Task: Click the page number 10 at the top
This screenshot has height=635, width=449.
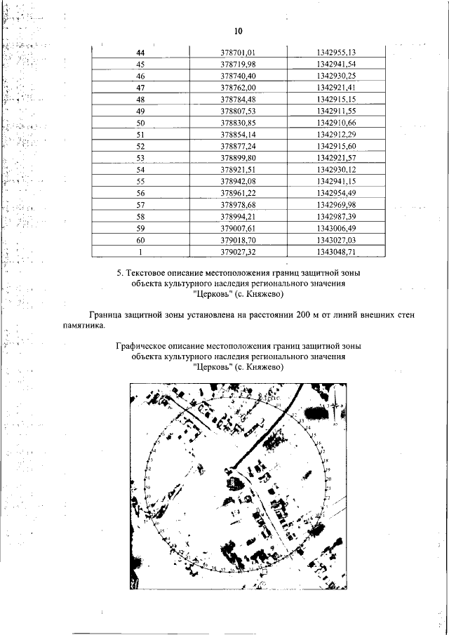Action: pyautogui.click(x=238, y=32)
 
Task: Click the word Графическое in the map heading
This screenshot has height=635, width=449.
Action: pyautogui.click(x=144, y=346)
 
